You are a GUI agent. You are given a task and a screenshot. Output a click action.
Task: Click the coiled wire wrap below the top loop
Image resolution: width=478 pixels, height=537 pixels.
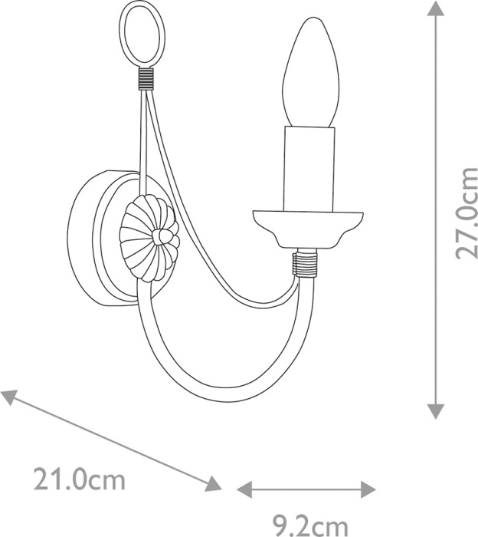click(146, 79)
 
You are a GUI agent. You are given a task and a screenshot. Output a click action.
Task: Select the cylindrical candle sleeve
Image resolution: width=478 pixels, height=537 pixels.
click(309, 169)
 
